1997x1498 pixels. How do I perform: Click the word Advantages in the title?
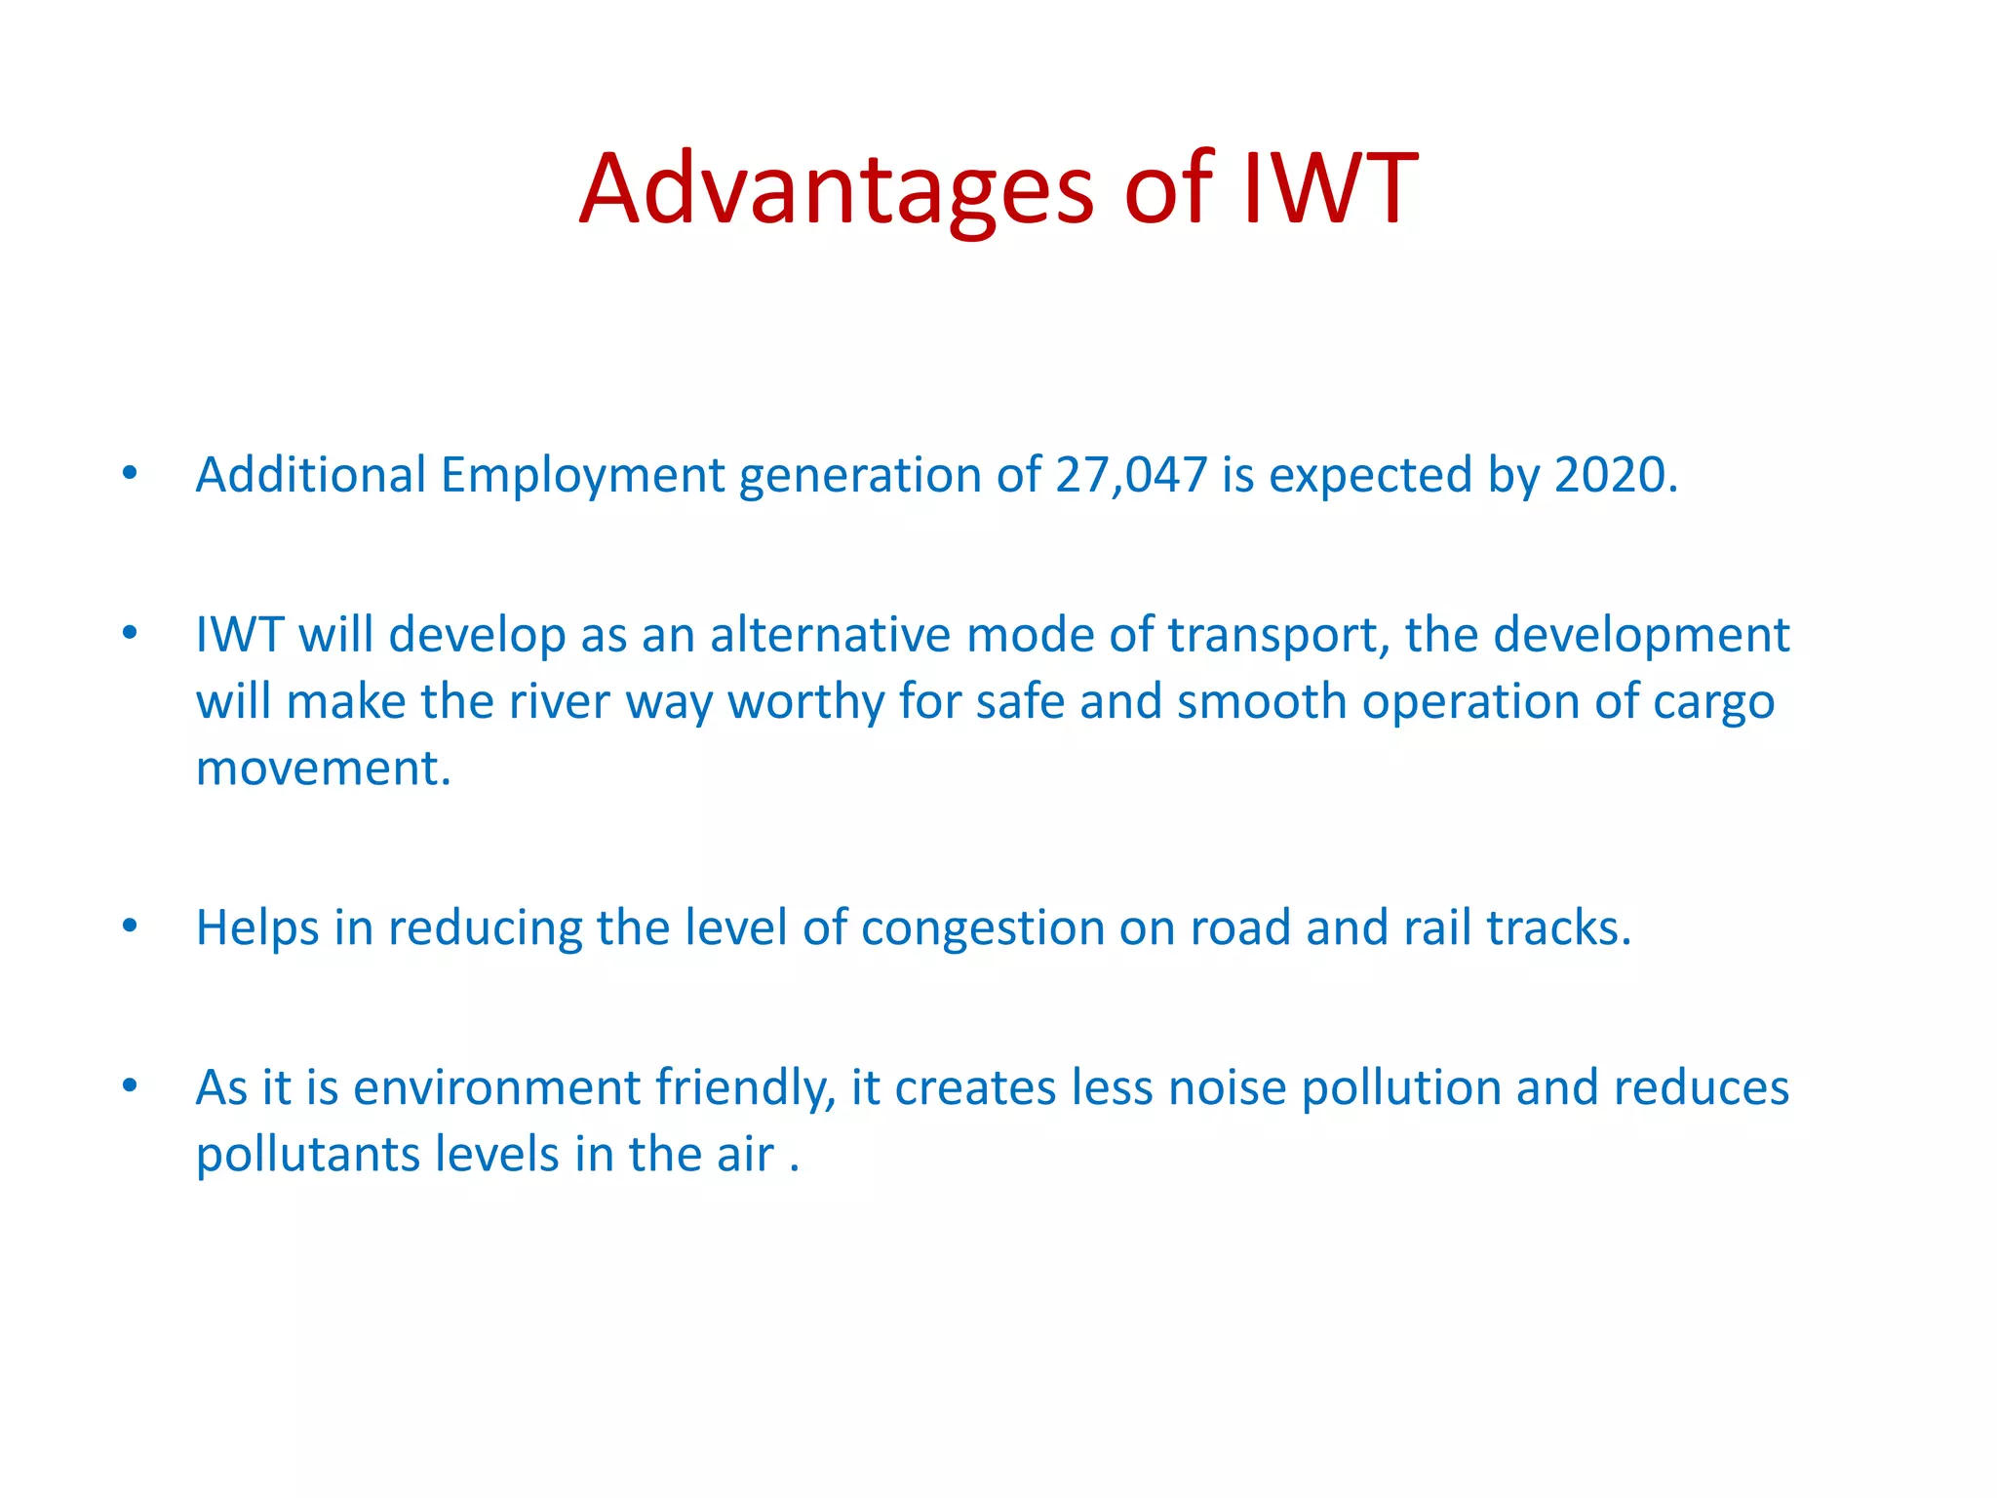pyautogui.click(x=837, y=189)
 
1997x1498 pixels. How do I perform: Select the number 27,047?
pyautogui.click(x=1131, y=475)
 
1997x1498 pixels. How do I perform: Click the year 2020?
pyautogui.click(x=1615, y=475)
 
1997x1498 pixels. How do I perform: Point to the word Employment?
pyautogui.click(x=582, y=475)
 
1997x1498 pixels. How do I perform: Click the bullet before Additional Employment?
pyautogui.click(x=130, y=474)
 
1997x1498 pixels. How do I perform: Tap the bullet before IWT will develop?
pyautogui.click(x=130, y=634)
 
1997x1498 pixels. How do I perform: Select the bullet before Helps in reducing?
pyautogui.click(x=130, y=926)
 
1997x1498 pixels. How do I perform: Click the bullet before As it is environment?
pyautogui.click(x=130, y=1085)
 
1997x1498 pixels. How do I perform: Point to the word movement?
pyautogui.click(x=323, y=769)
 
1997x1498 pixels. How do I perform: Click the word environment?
pyautogui.click(x=496, y=1087)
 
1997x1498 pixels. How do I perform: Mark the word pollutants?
pyautogui.click(x=307, y=1155)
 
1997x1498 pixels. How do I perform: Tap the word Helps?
pyautogui.click(x=257, y=927)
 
